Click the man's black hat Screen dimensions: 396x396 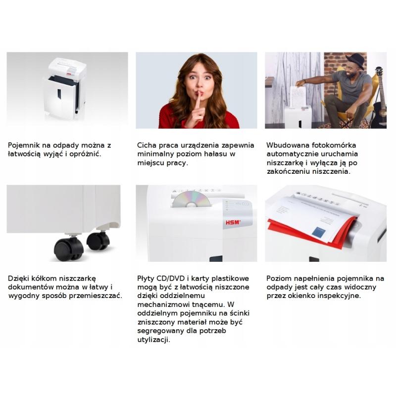click(x=355, y=61)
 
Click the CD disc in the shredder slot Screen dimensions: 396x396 click(x=191, y=199)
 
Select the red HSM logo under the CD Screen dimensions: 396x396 click(x=233, y=222)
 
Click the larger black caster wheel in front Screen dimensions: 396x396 click(x=69, y=249)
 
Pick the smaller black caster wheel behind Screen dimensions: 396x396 click(x=98, y=241)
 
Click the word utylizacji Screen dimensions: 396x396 click(x=153, y=340)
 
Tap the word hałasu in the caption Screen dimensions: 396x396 click(x=215, y=154)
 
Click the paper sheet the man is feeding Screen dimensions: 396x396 click(x=297, y=97)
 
